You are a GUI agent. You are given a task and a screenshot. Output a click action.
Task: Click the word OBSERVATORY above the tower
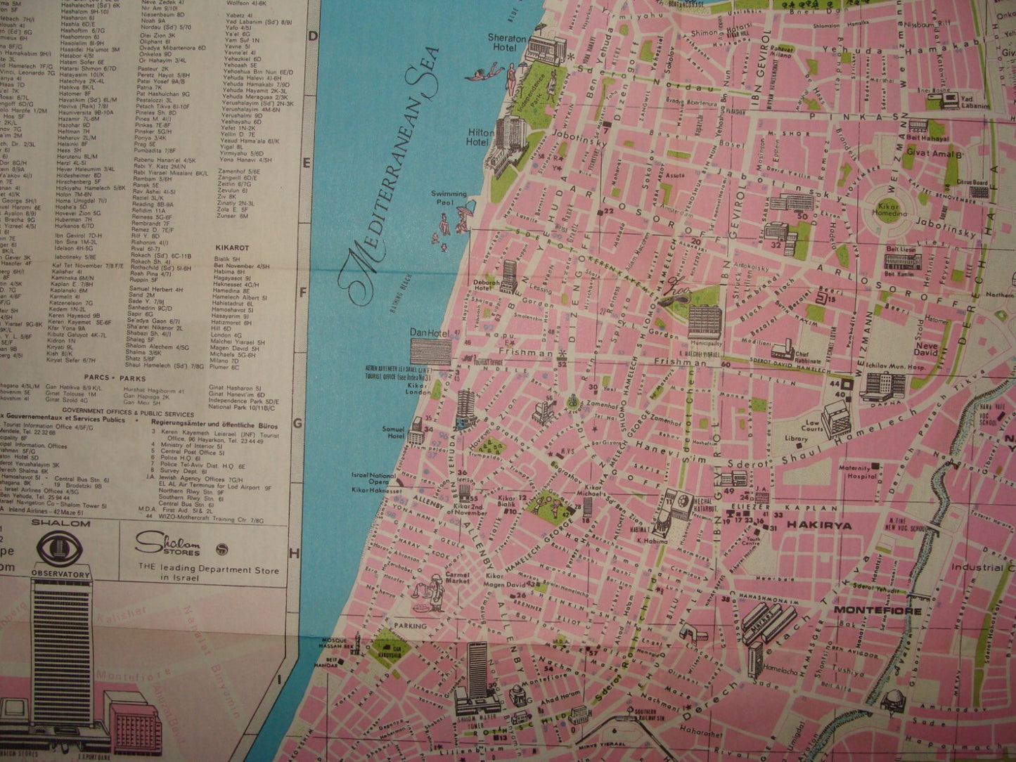coord(60,574)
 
